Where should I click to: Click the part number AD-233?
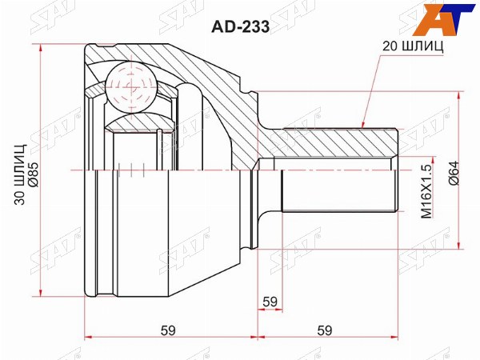(x=241, y=27)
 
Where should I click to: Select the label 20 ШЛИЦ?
(x=413, y=46)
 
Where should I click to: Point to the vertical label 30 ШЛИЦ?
(x=20, y=174)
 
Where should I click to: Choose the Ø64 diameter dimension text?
(x=454, y=173)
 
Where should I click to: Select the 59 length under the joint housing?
(x=168, y=330)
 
